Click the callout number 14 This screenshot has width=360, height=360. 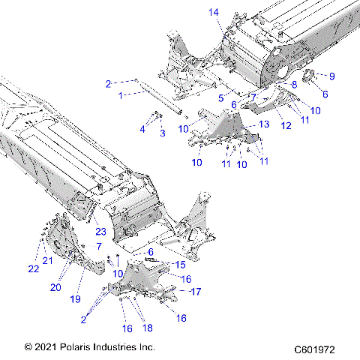pos(214,11)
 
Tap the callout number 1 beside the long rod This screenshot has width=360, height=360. pos(120,95)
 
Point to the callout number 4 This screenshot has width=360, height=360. pos(142,129)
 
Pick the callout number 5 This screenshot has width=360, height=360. pos(221,97)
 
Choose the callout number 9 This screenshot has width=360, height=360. pos(332,76)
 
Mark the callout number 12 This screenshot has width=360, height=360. pos(286,127)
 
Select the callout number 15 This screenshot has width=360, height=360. pos(179,265)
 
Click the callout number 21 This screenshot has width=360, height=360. pos(46,260)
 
